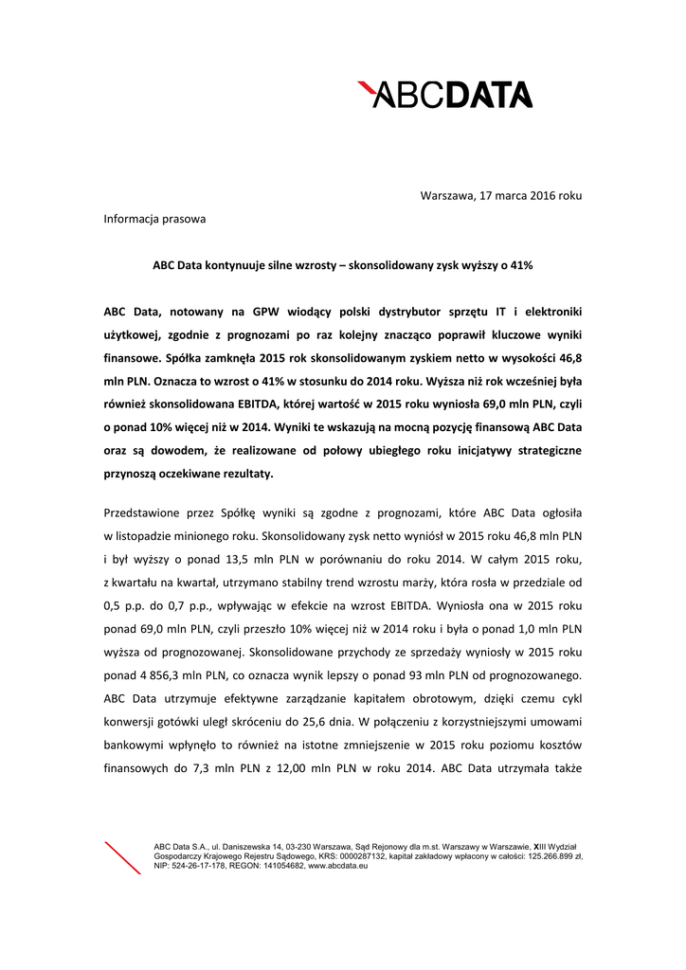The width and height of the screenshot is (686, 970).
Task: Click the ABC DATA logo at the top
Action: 445,95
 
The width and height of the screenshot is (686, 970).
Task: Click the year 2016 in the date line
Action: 540,195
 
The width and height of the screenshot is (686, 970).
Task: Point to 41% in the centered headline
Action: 521,266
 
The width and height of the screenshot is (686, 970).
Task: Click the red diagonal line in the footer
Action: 122,856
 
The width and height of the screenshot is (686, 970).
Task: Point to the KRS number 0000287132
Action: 346,855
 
